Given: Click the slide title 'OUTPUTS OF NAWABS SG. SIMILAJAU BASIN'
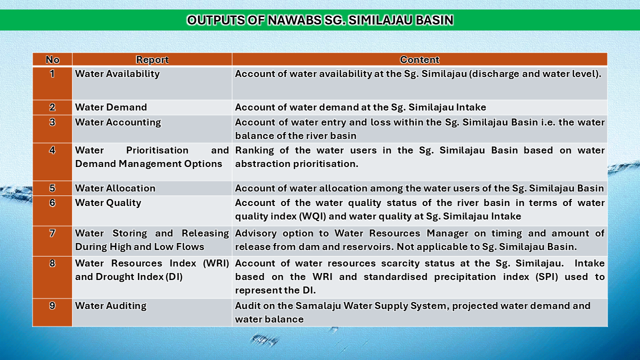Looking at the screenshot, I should tap(320, 20).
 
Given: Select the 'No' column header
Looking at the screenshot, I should tap(52, 59).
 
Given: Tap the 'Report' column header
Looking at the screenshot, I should tap(152, 59).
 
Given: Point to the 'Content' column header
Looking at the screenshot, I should tap(419, 59).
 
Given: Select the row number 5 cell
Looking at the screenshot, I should tap(52, 188).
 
